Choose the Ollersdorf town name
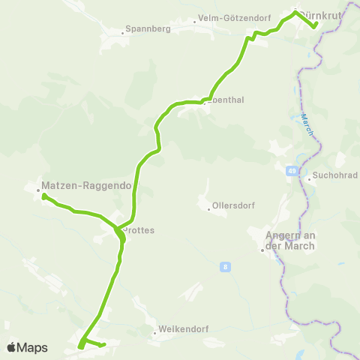(x=231, y=203)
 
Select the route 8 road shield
(x=224, y=266)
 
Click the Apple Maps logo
(x=27, y=347)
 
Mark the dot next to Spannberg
(x=122, y=32)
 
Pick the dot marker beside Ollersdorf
(x=208, y=208)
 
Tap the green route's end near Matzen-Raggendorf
(x=44, y=196)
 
